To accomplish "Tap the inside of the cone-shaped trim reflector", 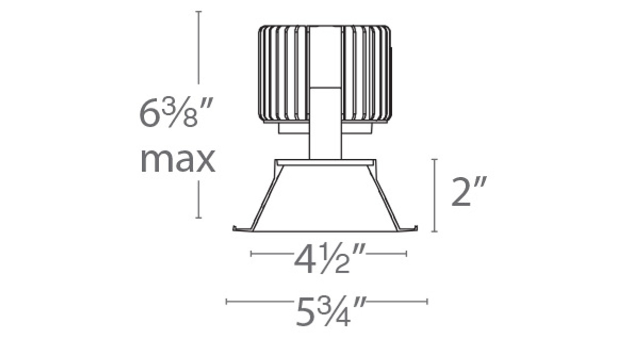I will [x=325, y=200].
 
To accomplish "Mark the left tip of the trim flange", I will [x=235, y=229].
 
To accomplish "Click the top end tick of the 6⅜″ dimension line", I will [x=199, y=11].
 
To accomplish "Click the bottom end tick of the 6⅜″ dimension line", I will [x=199, y=218].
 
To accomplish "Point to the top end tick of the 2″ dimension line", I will [x=435, y=160].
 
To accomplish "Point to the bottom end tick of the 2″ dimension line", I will [x=435, y=232].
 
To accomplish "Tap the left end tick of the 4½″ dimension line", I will [x=251, y=254].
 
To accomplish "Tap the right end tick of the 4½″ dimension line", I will [x=406, y=254].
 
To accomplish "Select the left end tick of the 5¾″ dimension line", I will [x=227, y=301].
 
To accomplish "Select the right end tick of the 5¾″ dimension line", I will [x=427, y=301].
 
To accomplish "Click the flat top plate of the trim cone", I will [x=325, y=163].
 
